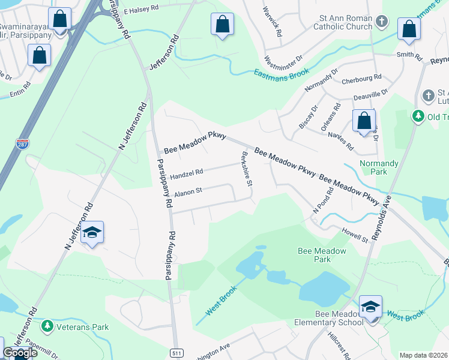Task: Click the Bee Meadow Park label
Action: coord(322,255)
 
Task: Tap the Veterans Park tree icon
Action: coord(47,327)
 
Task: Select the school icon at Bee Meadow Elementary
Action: coord(371,307)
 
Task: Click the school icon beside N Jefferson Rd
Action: coord(92,232)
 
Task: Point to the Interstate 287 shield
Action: coord(21,143)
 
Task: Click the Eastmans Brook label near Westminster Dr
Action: coord(282,73)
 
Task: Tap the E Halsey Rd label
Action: coord(140,10)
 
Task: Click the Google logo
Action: coord(20,353)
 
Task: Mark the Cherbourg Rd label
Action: coord(361,79)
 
